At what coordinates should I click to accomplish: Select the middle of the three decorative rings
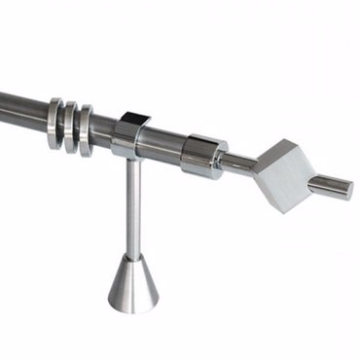[x=71, y=127]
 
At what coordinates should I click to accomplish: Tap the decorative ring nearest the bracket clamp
[x=86, y=130]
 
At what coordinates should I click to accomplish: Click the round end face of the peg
[x=346, y=189]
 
